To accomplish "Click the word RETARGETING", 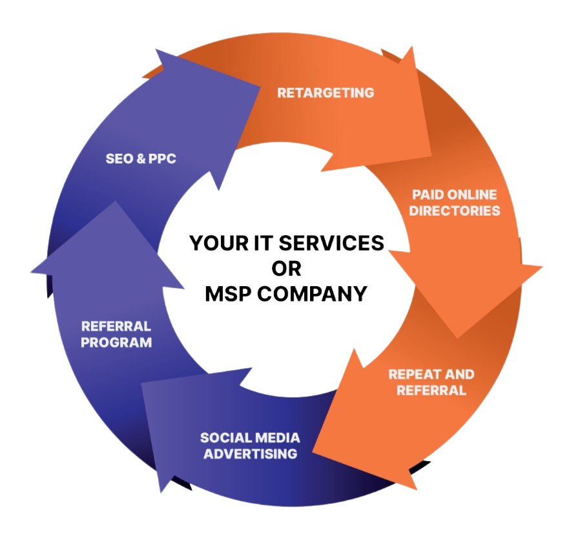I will (326, 92).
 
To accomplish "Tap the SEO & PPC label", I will (141, 158).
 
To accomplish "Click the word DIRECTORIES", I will (455, 211).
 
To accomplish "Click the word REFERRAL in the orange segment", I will (431, 390).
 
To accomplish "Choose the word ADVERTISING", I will (251, 453).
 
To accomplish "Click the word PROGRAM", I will (116, 342).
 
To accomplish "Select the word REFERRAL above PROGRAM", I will (116, 326).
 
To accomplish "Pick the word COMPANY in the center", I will (312, 294).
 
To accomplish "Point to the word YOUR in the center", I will (214, 244).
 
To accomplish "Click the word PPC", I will (161, 158).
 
